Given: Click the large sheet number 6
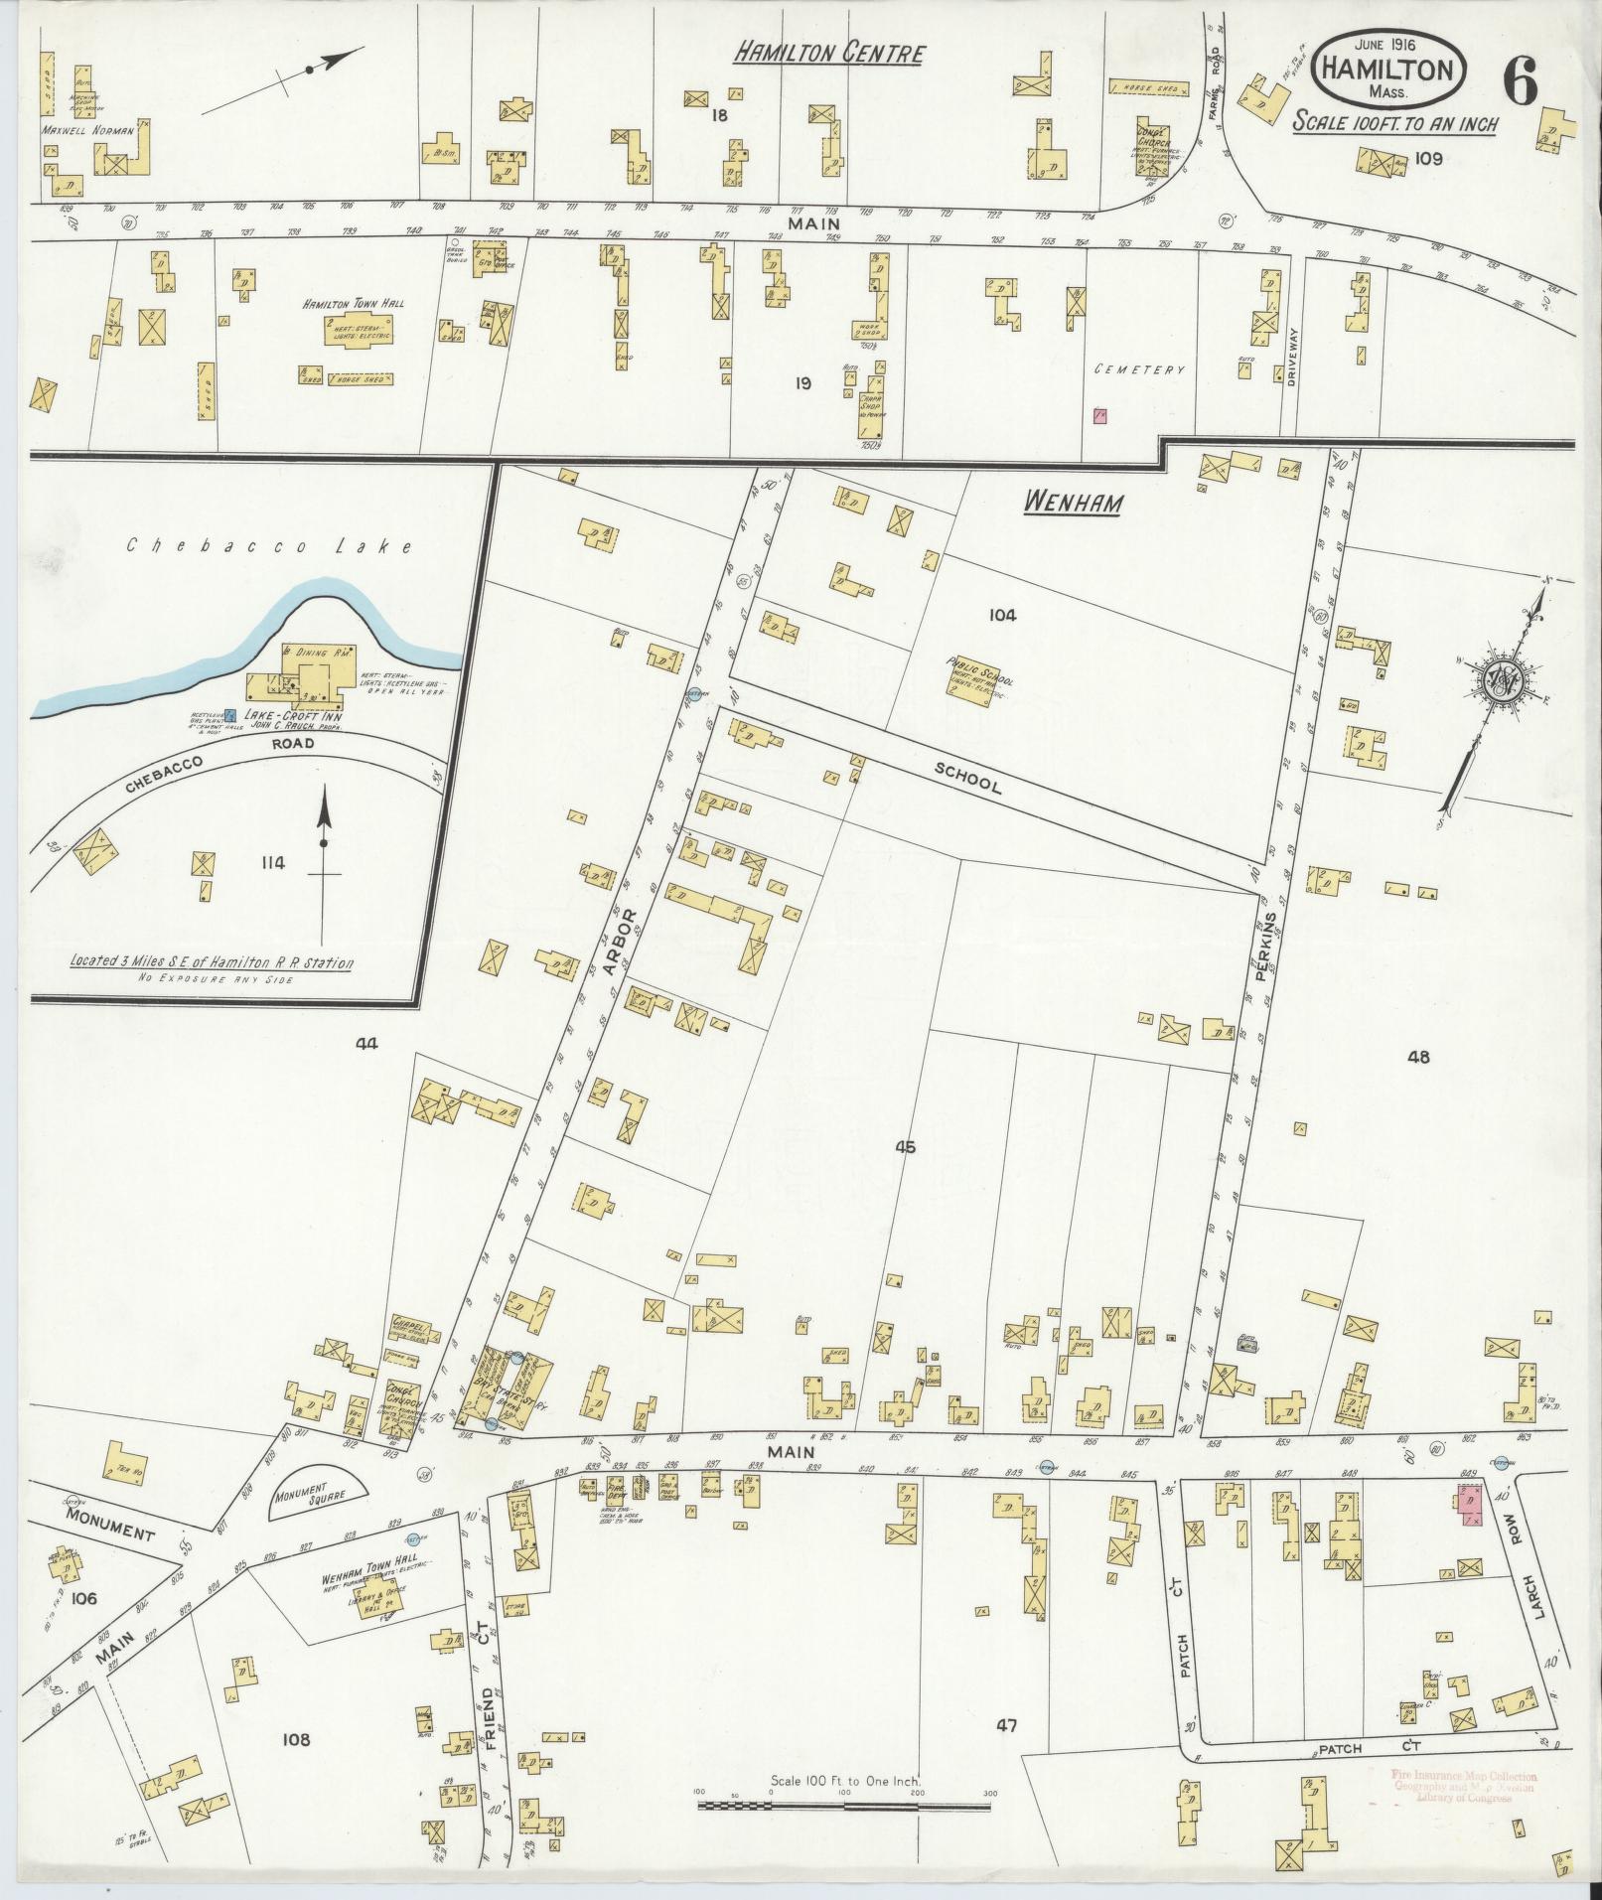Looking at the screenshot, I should pos(1520,79).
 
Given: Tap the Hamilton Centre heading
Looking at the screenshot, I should pos(828,54).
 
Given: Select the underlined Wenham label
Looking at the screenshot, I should pos(1073,505).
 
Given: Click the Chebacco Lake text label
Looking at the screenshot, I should pos(270,546).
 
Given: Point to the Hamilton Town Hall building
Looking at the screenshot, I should pos(355,331).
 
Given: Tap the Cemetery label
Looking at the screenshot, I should pos(1140,369).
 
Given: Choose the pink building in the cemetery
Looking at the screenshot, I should pos(1100,416).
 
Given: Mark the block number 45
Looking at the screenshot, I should pos(904,1147).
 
